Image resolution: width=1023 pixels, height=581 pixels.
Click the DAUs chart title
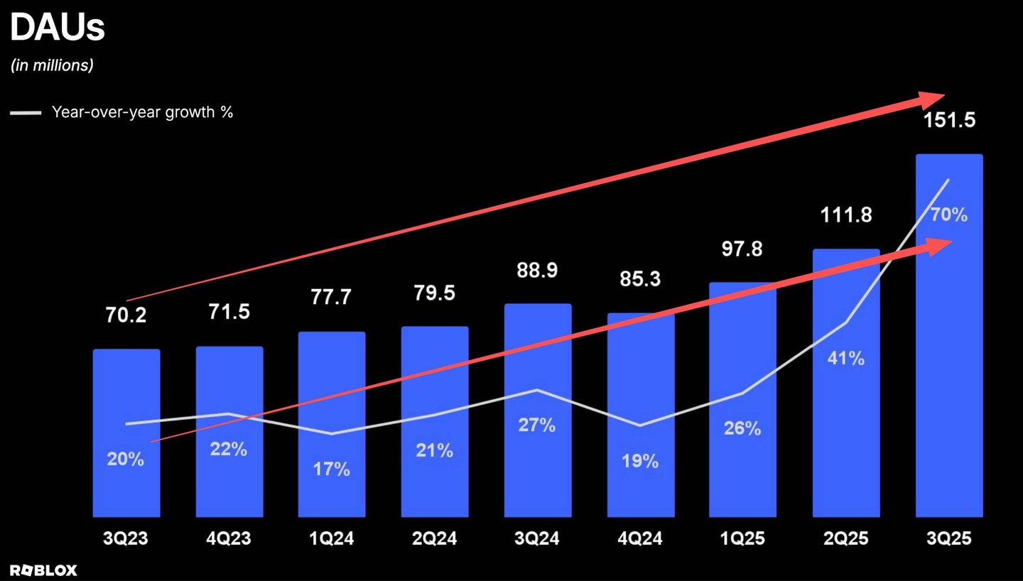(57, 28)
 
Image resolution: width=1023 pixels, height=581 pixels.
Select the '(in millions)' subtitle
(52, 65)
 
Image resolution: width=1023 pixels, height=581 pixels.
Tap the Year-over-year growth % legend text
(142, 112)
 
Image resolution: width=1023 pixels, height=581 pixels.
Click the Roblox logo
(43, 570)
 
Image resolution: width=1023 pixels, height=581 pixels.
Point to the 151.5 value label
(949, 120)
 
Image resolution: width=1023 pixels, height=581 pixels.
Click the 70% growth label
(949, 215)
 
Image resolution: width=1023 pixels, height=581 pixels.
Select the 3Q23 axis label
(126, 538)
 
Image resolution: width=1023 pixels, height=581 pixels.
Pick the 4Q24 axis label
(640, 538)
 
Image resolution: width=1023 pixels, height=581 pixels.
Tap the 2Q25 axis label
(846, 538)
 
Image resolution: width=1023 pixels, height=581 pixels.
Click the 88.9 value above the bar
(537, 271)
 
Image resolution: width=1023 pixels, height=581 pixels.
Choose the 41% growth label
(846, 358)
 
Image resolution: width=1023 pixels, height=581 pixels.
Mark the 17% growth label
(332, 469)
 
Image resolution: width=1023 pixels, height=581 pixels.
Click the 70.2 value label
(126, 315)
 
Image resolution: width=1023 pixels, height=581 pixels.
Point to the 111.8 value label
(846, 215)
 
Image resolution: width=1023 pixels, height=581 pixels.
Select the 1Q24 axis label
(332, 538)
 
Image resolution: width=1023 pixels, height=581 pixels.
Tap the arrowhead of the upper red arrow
(932, 100)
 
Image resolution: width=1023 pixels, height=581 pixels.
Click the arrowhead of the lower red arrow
(939, 246)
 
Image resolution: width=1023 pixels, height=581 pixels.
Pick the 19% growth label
(640, 461)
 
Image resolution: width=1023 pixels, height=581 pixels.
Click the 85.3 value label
(640, 279)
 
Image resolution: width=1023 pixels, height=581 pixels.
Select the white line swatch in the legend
(26, 112)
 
